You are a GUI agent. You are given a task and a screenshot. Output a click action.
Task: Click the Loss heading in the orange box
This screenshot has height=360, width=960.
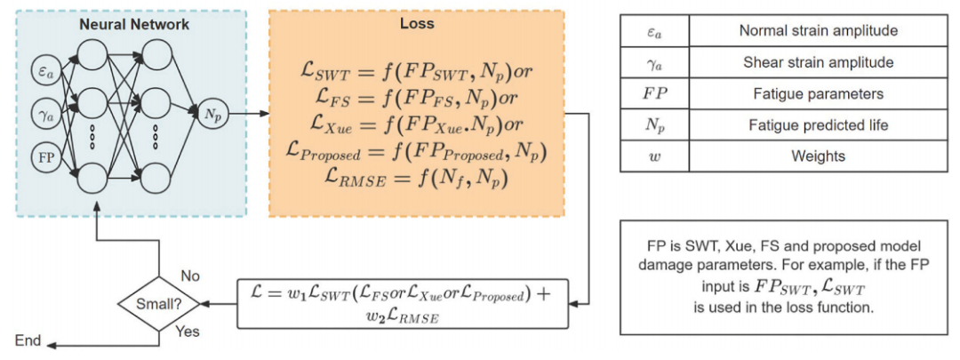pyautogui.click(x=416, y=24)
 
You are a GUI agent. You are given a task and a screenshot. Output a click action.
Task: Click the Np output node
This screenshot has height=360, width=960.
pyautogui.click(x=213, y=114)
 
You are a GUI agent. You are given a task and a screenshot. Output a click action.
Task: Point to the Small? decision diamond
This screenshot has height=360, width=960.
pyautogui.click(x=158, y=304)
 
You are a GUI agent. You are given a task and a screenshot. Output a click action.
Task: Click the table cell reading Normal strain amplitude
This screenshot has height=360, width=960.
pyautogui.click(x=818, y=31)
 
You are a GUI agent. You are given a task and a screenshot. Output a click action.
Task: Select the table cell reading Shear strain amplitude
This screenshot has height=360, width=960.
pyautogui.click(x=818, y=62)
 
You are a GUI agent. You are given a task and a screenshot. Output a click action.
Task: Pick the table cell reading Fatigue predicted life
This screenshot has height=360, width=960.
pyautogui.click(x=818, y=124)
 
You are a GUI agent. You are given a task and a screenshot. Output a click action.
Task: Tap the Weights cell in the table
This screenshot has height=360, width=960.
pyautogui.click(x=818, y=156)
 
